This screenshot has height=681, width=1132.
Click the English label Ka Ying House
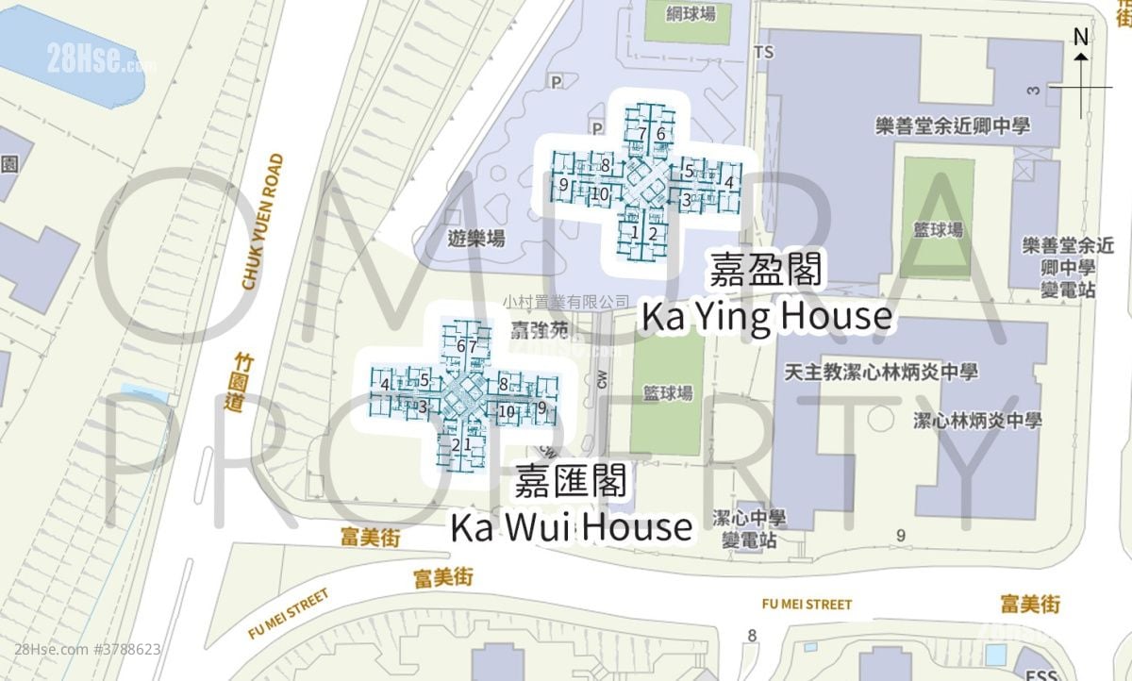pos(766,317)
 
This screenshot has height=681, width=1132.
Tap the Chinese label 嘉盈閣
pos(768,269)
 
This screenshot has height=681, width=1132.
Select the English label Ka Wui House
pos(572,527)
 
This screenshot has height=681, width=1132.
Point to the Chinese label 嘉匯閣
pos(572,482)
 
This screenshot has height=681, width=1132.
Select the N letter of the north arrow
pos(1082,38)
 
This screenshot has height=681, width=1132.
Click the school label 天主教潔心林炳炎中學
pos(881,372)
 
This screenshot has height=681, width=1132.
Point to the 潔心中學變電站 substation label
pos(749,529)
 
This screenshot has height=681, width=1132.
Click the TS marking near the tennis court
pos(764,53)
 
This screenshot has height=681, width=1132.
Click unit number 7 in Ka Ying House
pos(642,133)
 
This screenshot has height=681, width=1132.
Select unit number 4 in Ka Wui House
pos(386,384)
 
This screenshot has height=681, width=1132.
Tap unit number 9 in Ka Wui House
pos(541,408)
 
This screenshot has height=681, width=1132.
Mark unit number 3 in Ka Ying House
pos(686,198)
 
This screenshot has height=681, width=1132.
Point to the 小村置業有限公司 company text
pos(566,301)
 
